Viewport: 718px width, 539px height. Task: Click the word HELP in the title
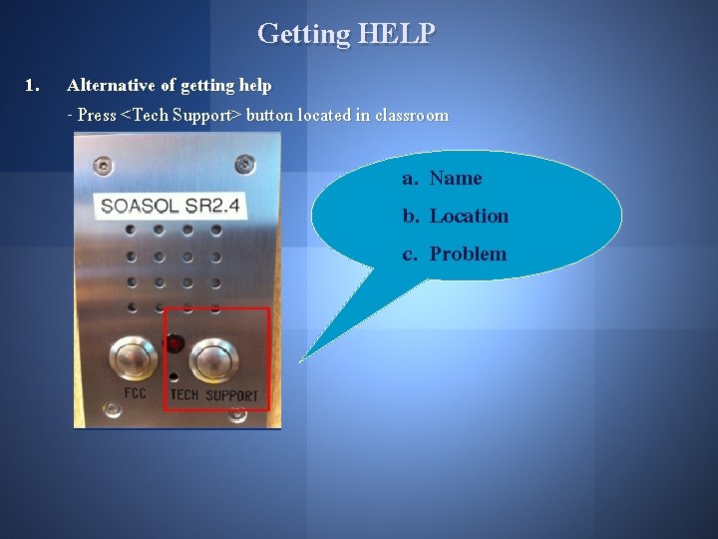[396, 34]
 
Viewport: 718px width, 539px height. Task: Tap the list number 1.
[32, 86]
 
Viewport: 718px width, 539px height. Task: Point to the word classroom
[412, 115]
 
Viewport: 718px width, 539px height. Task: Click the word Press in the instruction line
[97, 115]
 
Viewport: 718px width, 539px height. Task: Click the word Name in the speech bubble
[456, 179]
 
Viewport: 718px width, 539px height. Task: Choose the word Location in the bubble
[469, 217]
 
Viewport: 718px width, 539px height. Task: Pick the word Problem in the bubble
[468, 255]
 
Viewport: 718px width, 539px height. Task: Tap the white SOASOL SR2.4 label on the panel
[171, 207]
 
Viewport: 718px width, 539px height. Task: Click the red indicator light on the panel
[176, 344]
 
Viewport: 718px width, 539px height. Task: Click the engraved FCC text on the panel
[135, 393]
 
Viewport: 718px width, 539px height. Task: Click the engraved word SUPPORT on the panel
[231, 395]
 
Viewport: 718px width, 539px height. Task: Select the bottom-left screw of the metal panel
[108, 408]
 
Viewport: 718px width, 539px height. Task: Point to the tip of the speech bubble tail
[300, 360]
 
